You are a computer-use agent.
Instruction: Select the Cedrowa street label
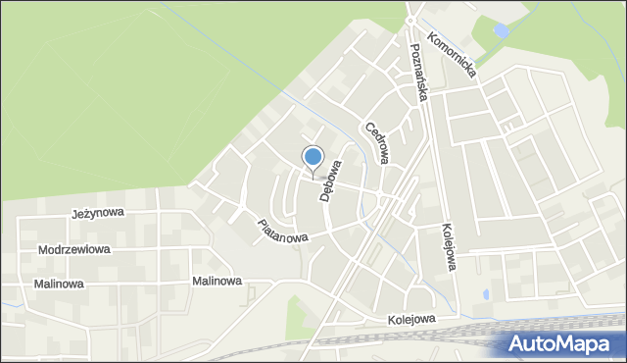378,141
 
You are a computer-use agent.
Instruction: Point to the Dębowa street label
329,181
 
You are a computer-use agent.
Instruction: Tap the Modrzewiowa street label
74,249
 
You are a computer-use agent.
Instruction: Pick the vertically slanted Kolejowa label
447,244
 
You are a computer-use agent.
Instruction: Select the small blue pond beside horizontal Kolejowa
486,293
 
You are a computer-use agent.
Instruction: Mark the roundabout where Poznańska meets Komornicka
411,20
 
